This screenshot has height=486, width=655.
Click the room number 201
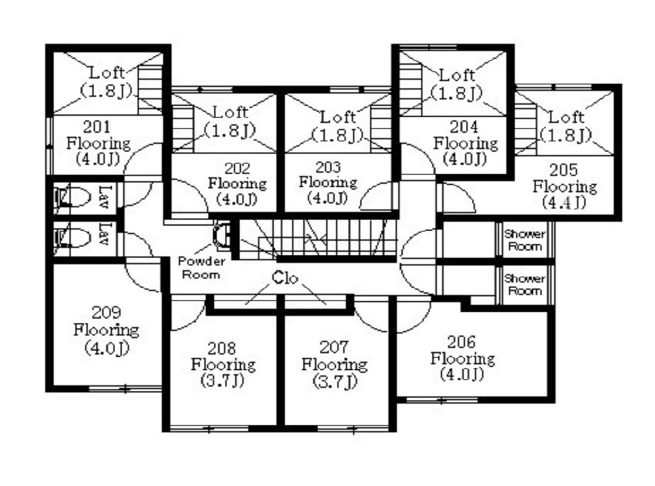(x=96, y=127)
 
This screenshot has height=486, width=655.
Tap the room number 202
(x=237, y=168)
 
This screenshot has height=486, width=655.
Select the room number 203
(x=329, y=167)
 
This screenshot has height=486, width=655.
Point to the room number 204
(x=464, y=127)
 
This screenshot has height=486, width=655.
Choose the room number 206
(x=461, y=342)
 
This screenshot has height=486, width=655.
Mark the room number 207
(x=334, y=347)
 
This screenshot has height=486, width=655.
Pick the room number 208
(x=222, y=349)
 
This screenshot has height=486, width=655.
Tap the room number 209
(x=106, y=313)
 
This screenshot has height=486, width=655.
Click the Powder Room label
(x=202, y=268)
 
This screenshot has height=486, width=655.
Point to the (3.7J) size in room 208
(x=222, y=381)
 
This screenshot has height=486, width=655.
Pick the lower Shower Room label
(x=525, y=285)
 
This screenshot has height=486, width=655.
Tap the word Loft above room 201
(x=107, y=73)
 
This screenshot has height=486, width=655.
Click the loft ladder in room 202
(x=183, y=129)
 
